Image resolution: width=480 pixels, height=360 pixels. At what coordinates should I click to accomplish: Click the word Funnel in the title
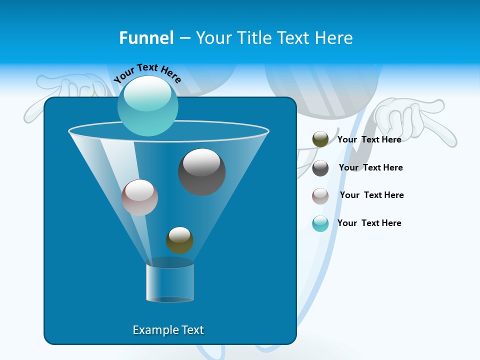pyautogui.click(x=146, y=38)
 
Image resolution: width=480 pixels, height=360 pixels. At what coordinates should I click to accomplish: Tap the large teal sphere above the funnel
pyautogui.click(x=147, y=106)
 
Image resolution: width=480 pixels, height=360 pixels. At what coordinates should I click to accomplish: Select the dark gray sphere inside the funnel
pyautogui.click(x=201, y=172)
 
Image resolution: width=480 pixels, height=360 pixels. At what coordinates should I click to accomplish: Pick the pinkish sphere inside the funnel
pyautogui.click(x=139, y=197)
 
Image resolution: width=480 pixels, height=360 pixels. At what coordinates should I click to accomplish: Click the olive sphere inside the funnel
pyautogui.click(x=179, y=240)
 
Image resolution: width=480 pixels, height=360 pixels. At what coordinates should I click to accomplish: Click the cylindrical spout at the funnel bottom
pyautogui.click(x=170, y=282)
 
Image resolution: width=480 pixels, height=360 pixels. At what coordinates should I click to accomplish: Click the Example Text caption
pyautogui.click(x=168, y=330)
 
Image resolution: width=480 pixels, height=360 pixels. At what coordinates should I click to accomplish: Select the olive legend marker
pyautogui.click(x=320, y=139)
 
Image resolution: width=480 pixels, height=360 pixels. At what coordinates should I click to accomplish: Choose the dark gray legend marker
pyautogui.click(x=320, y=168)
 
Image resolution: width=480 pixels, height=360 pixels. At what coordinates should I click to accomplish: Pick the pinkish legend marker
pyautogui.click(x=320, y=195)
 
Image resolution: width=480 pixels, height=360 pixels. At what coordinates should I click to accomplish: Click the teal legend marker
pyautogui.click(x=320, y=223)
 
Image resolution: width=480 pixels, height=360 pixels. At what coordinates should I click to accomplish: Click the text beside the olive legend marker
pyautogui.click(x=369, y=139)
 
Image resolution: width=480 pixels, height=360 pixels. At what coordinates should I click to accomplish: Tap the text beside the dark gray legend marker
pyautogui.click(x=370, y=167)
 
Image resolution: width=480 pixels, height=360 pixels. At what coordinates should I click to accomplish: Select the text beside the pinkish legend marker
pyautogui.click(x=371, y=195)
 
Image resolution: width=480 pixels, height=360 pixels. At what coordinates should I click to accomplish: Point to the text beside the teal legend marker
pyautogui.click(x=369, y=223)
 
